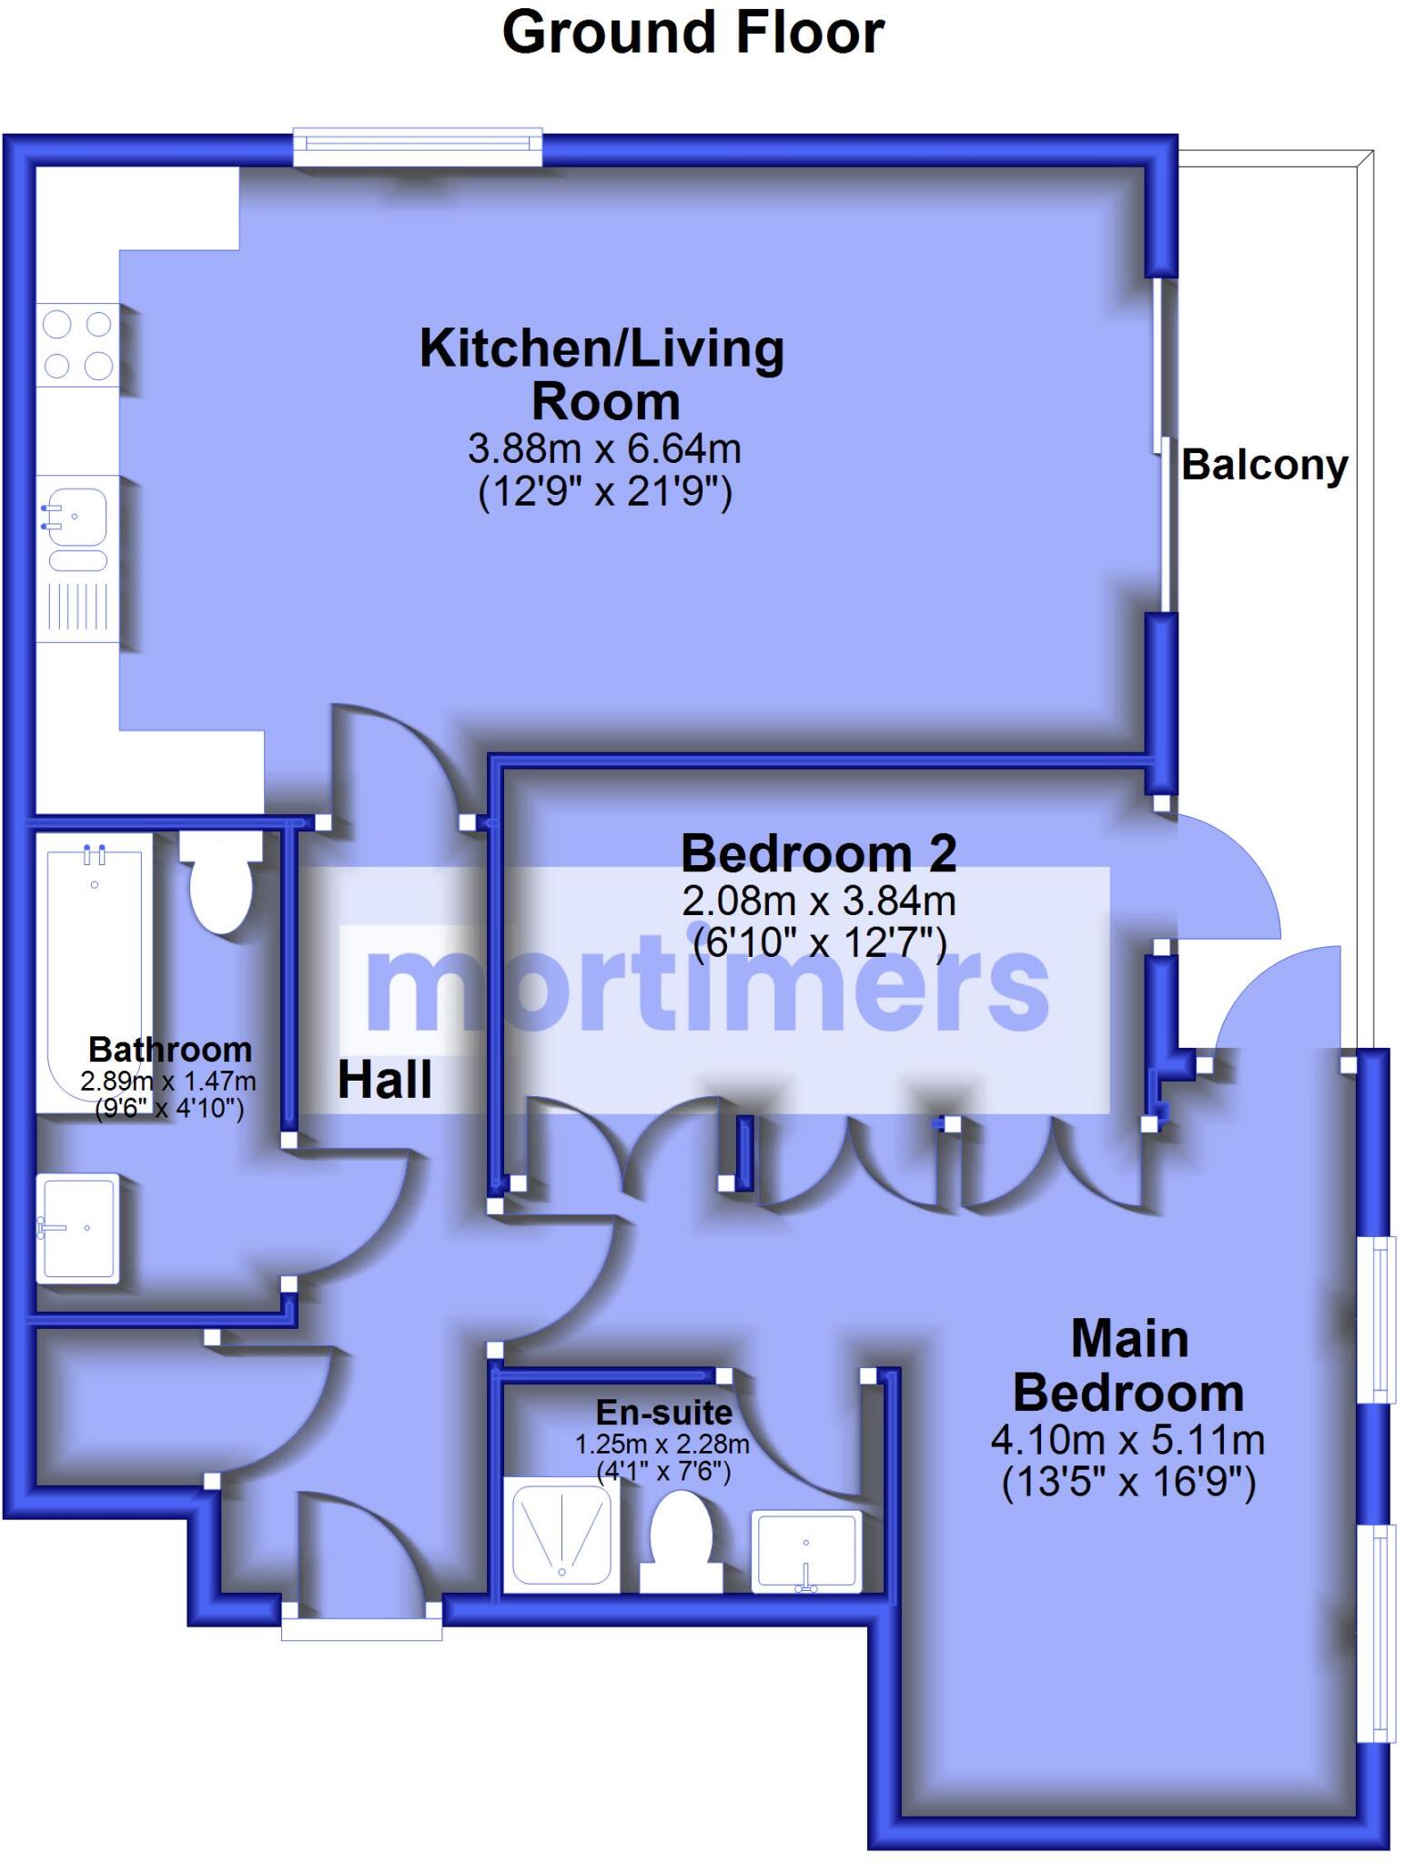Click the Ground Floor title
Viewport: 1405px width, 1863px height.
point(692,33)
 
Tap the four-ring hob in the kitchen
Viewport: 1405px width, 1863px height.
point(78,345)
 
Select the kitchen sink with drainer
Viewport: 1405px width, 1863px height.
point(77,558)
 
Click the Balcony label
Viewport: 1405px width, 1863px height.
point(1263,465)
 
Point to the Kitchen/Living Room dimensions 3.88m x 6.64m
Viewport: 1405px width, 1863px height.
point(604,448)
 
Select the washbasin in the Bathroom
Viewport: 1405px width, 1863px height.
point(78,1228)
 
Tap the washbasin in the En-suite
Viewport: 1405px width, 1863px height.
point(806,1550)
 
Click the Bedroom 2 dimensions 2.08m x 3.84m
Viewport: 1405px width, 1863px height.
point(818,901)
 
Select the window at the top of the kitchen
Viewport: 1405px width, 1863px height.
point(418,146)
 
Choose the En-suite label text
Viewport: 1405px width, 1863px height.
point(663,1412)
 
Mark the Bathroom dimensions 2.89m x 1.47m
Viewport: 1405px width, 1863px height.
point(168,1082)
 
